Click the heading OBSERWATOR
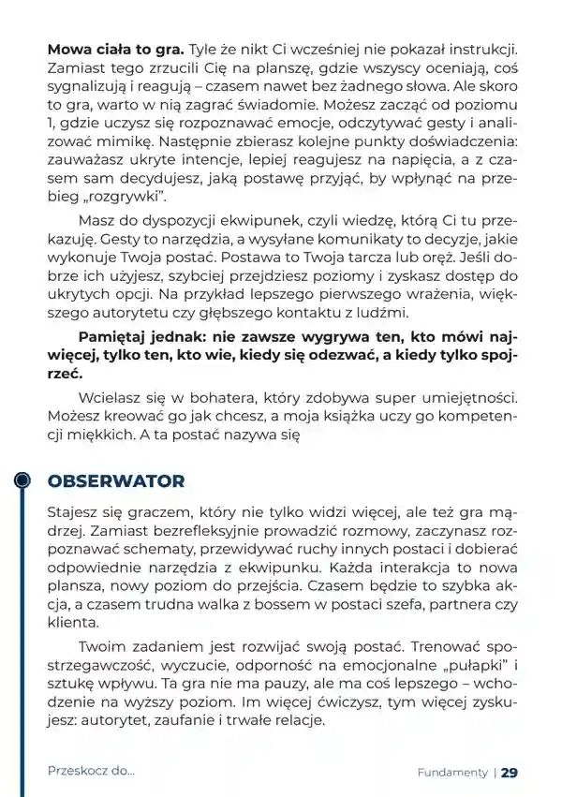(115, 481)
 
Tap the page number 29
(510, 773)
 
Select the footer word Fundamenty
(452, 773)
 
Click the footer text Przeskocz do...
(91, 772)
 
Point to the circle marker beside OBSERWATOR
(23, 480)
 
